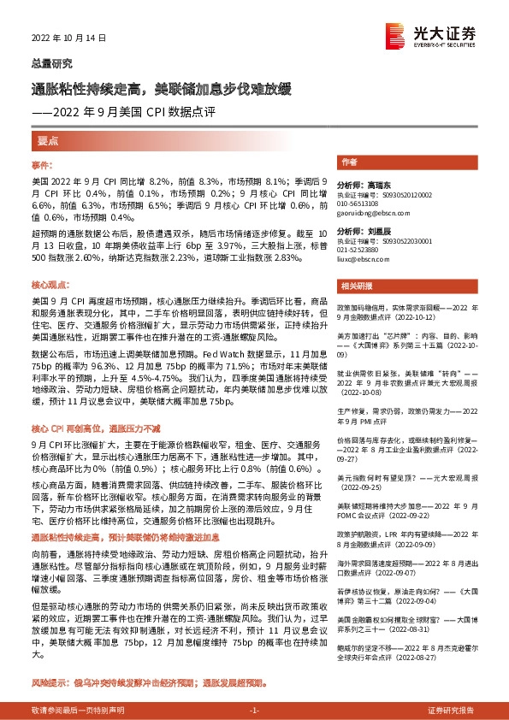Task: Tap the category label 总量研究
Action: point(52,64)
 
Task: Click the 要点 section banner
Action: point(47,139)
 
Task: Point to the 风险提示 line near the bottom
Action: point(150,683)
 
